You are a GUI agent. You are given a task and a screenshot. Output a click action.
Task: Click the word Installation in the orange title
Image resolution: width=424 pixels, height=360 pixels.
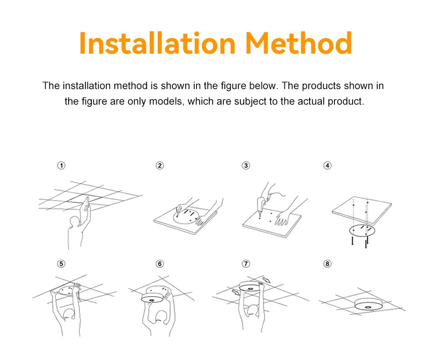[x=157, y=43]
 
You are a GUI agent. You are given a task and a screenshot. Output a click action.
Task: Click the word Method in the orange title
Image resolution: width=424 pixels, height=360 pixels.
[x=299, y=43]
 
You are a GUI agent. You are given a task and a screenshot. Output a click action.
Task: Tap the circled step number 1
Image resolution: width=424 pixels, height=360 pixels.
[x=61, y=165]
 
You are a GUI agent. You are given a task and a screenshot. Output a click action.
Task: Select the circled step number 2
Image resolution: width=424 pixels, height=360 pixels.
[x=160, y=165]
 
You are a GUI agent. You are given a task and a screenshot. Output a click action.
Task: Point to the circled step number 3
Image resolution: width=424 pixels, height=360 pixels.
[x=246, y=165]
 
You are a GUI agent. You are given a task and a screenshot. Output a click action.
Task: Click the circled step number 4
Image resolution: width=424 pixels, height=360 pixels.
[x=327, y=165]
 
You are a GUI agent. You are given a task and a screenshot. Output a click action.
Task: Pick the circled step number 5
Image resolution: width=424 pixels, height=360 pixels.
[x=61, y=263]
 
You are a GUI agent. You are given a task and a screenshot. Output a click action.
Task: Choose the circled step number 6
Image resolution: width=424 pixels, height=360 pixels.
[x=160, y=263]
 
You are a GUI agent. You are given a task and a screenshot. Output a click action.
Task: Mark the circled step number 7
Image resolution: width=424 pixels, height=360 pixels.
[x=246, y=263]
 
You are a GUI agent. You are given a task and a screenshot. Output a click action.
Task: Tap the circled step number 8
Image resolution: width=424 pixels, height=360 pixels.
[x=327, y=263]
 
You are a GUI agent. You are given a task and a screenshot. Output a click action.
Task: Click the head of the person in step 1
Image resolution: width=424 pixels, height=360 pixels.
[x=74, y=222]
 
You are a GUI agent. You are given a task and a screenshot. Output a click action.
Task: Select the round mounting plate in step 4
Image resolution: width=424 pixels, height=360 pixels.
[x=362, y=231]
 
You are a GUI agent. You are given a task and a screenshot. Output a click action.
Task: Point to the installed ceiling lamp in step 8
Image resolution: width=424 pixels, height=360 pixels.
[x=368, y=305]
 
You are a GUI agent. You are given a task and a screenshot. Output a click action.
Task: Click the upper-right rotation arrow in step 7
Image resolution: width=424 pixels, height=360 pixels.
[x=266, y=280]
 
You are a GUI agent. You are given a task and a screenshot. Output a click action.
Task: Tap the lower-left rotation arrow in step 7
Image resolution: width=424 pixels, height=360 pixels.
[x=236, y=292]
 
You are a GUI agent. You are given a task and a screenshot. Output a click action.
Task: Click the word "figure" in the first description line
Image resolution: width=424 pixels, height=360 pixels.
[x=233, y=86]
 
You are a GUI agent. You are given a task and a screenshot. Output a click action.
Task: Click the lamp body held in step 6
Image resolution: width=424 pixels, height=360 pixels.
[x=152, y=298]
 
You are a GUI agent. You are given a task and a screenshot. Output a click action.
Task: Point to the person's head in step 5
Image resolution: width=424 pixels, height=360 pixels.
[x=69, y=314]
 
